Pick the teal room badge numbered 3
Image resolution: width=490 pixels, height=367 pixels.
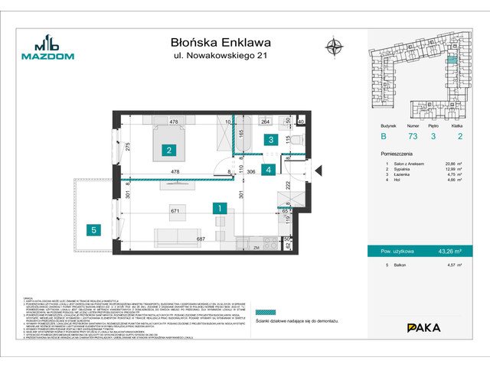point(270,139)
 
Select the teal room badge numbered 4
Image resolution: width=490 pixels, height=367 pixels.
point(268,170)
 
